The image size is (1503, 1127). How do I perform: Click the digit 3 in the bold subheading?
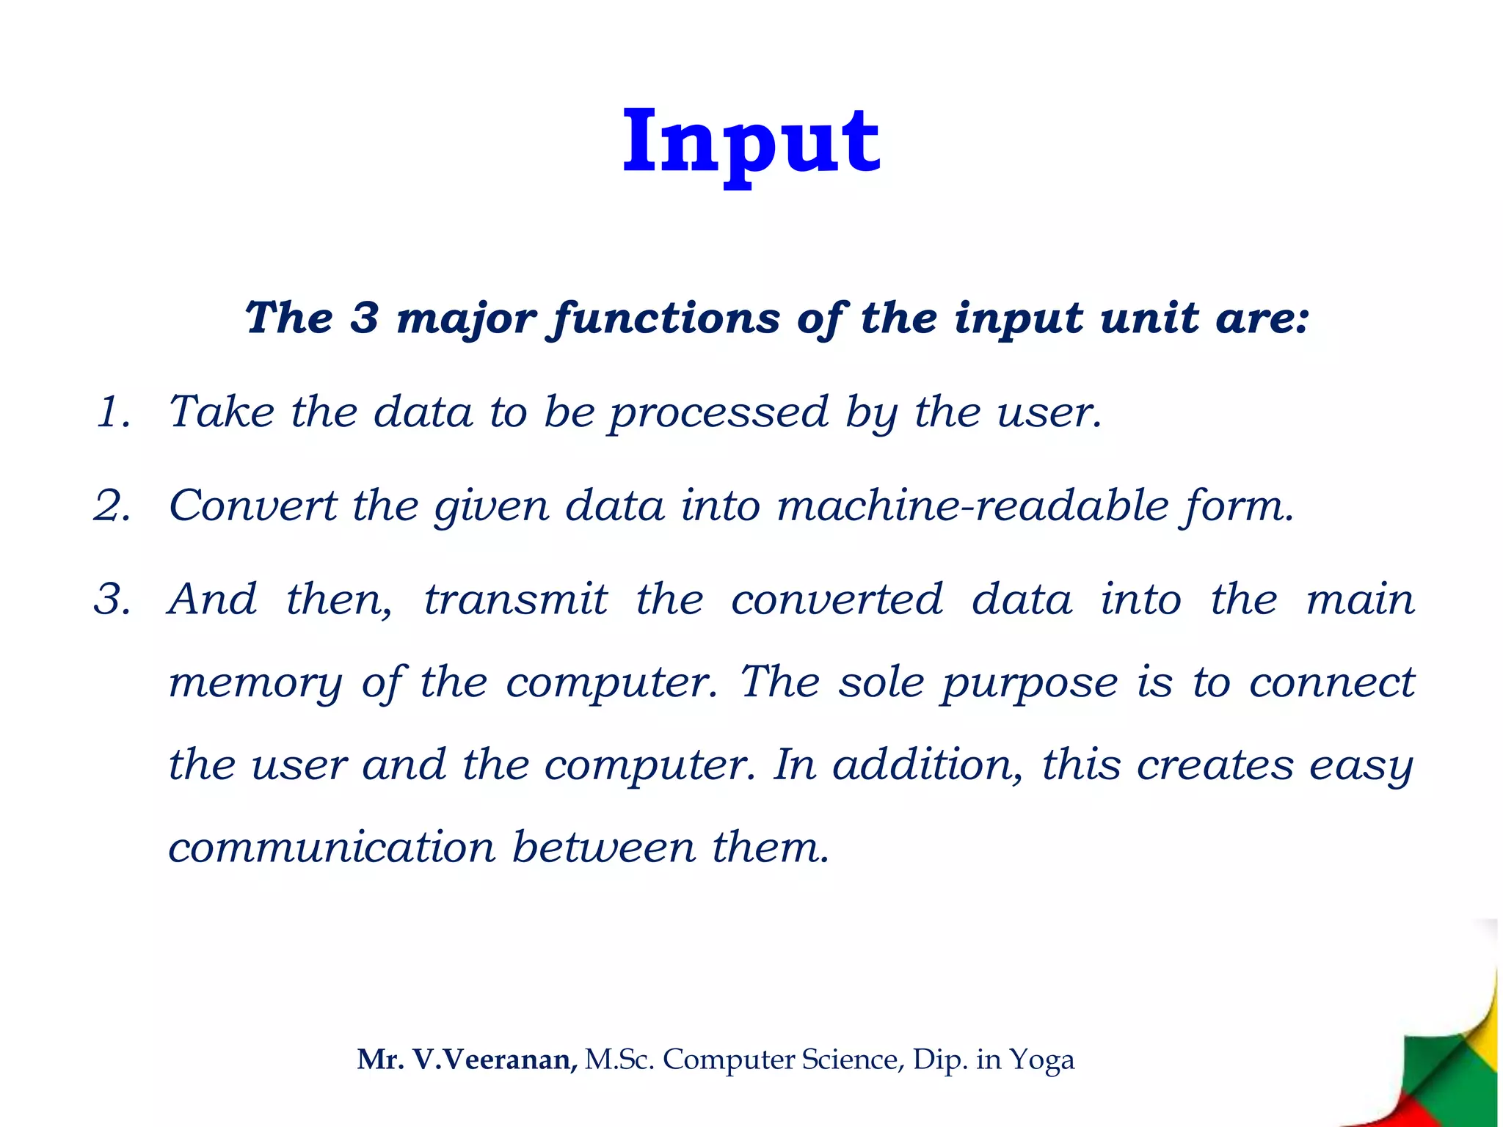pyautogui.click(x=364, y=318)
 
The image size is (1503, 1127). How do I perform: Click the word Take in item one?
pyautogui.click(x=222, y=412)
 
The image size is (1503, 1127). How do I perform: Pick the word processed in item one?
pyautogui.click(x=718, y=413)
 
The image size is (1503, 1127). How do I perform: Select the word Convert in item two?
pyautogui.click(x=252, y=506)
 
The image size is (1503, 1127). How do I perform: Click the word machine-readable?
pyautogui.click(x=972, y=506)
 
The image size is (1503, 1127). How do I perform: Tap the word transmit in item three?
pyautogui.click(x=516, y=599)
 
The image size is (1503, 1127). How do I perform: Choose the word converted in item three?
pyautogui.click(x=837, y=599)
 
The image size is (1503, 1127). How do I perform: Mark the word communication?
pyautogui.click(x=332, y=847)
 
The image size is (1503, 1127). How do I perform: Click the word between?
pyautogui.click(x=603, y=847)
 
